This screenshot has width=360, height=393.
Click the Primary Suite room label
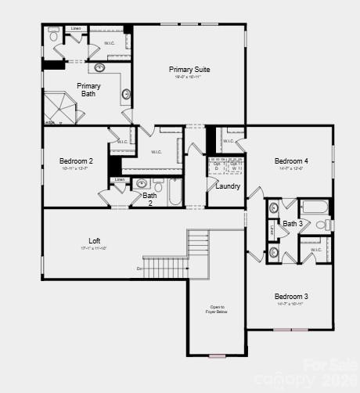(189, 70)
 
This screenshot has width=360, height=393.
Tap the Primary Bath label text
(88, 90)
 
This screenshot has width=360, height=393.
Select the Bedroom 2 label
(76, 161)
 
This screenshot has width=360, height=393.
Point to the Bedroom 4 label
(291, 161)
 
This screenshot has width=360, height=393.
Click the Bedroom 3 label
(290, 296)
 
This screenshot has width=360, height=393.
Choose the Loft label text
(94, 240)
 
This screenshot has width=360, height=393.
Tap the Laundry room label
(228, 186)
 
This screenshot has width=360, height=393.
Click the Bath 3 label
(292, 224)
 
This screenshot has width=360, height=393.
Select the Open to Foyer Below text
(217, 309)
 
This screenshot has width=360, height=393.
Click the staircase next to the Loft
(200, 252)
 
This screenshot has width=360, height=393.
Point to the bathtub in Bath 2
(175, 190)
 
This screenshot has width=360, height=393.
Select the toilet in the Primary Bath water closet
(53, 35)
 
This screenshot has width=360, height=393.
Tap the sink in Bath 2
(142, 184)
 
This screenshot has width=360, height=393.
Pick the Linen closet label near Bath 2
(119, 180)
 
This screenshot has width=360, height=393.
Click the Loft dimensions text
(94, 248)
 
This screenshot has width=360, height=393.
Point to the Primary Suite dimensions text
(189, 77)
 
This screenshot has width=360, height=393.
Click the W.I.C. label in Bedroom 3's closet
(316, 250)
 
